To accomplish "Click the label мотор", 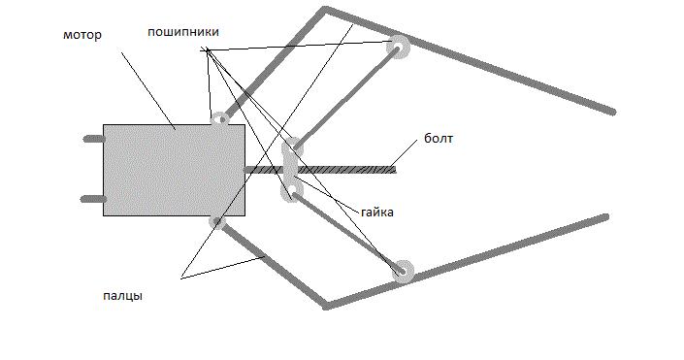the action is coord(82,35).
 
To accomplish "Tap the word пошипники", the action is coord(183,32).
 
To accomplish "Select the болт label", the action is coord(439,139).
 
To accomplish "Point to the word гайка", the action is coord(377,213).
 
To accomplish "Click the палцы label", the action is coord(122,296).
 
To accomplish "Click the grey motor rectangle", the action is coord(174,170).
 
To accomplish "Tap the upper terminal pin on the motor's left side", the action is coord(94,139).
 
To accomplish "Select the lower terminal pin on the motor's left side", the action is coord(93,199).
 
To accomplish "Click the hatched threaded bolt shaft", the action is coord(320,169).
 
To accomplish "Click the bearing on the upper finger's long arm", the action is coord(398,47).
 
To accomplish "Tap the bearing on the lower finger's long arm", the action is coord(403,271).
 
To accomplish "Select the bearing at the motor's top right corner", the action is coord(221,119).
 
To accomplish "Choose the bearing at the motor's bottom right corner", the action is coord(217,221).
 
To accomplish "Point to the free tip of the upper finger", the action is coord(613,113).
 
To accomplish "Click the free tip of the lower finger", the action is coord(605,216).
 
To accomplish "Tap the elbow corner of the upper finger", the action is coord(325,9).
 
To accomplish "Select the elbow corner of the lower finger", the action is coord(326,306).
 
